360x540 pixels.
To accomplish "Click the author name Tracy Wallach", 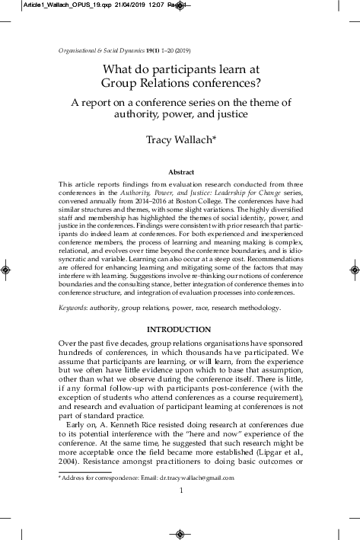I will click(x=179, y=139).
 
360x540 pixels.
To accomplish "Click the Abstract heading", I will click(x=180, y=173).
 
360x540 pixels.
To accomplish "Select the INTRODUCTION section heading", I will click(x=180, y=329).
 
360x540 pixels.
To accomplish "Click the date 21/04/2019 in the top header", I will click(x=121, y=5).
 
